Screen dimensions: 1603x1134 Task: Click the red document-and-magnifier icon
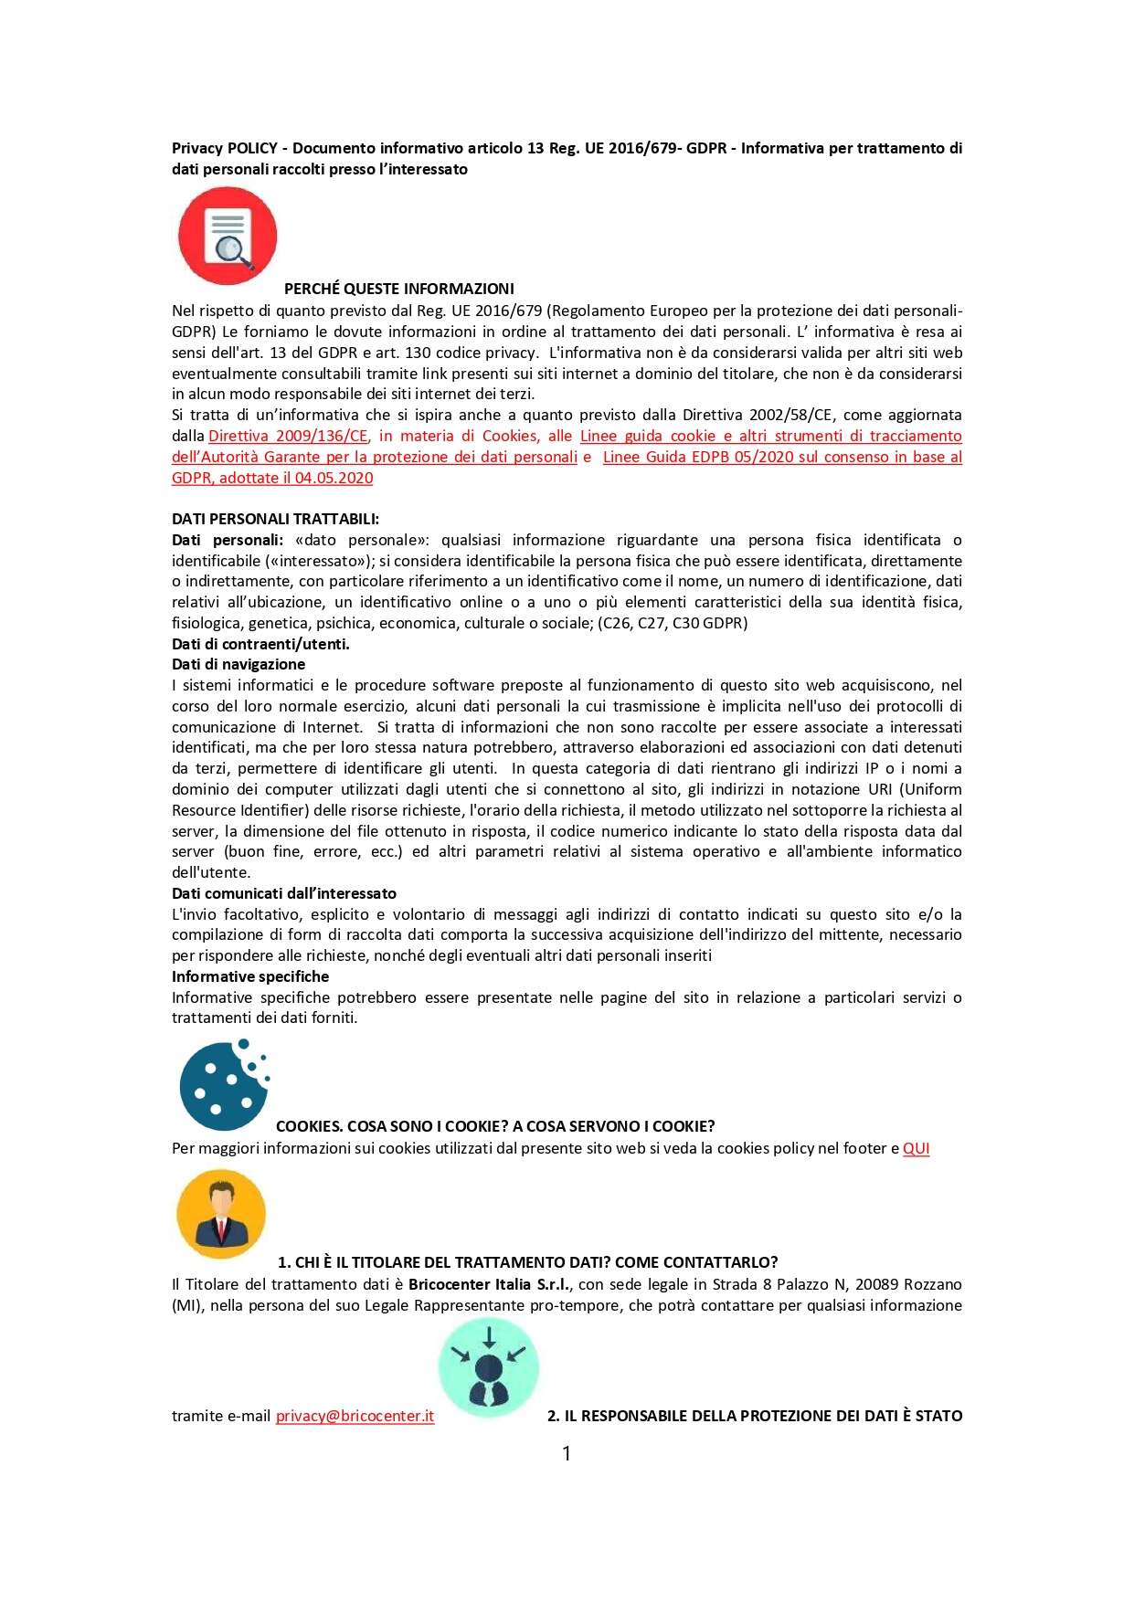coord(227,236)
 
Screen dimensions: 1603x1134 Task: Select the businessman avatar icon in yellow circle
coord(221,1214)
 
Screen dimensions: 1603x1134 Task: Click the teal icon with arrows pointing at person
coord(489,1368)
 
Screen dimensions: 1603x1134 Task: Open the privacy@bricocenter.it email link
coord(355,1416)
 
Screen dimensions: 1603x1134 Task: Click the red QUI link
coord(916,1148)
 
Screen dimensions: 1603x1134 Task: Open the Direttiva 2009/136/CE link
coord(288,436)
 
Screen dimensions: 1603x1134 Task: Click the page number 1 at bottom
coord(567,1453)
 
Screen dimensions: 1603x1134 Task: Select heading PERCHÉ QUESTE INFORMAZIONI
coord(398,289)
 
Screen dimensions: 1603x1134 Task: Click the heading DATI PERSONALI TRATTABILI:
coord(275,519)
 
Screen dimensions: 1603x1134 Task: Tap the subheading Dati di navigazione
coord(238,664)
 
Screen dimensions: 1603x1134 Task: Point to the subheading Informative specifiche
coord(250,976)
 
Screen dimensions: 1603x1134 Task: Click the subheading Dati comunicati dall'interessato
coord(284,893)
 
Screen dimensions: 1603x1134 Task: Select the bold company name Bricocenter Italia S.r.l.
coord(489,1284)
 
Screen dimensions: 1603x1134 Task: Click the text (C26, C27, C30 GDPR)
coord(673,623)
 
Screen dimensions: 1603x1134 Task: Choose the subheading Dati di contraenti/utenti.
coord(260,644)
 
